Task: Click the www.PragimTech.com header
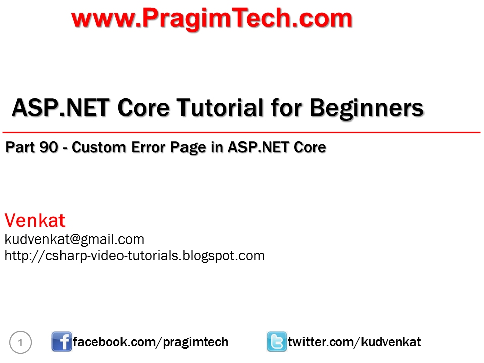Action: coord(212,19)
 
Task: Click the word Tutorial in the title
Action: coord(227,108)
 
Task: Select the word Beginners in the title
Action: coord(367,108)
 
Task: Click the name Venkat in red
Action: coord(35,221)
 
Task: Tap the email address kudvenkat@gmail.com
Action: coord(74,239)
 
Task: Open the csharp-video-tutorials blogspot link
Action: coord(134,255)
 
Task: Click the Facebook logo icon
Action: coord(62,342)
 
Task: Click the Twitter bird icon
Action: coord(277,342)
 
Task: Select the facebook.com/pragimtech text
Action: coord(150,342)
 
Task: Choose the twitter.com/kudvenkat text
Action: coord(354,342)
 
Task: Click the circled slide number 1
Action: coord(21,343)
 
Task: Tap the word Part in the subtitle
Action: coord(20,147)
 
